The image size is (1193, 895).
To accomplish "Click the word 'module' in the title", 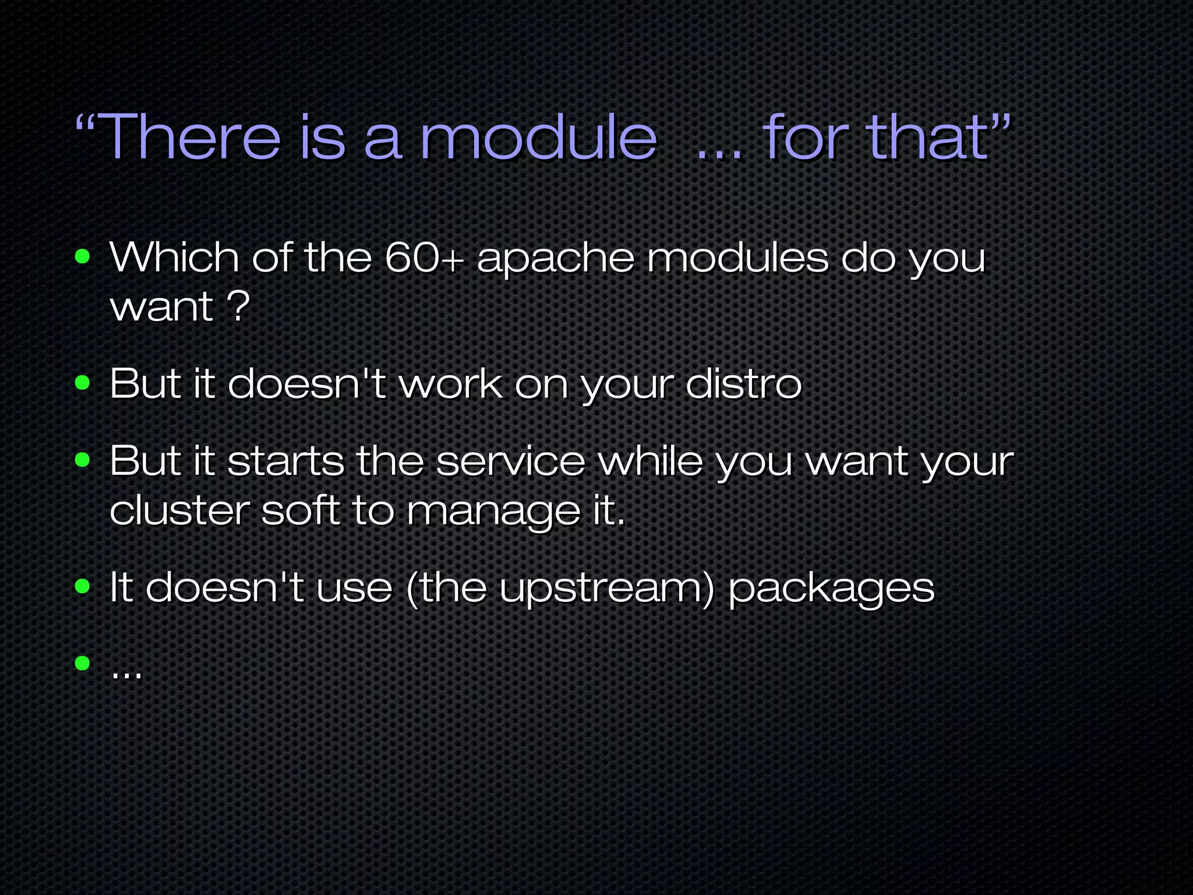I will [538, 138].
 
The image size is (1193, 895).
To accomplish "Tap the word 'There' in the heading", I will [192, 138].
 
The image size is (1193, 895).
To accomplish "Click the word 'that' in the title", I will [930, 138].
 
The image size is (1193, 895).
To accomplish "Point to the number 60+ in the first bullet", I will [424, 257].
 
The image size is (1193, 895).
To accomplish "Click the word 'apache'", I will [555, 258].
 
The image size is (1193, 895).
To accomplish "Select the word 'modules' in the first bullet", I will [737, 257].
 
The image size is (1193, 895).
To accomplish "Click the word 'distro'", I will [744, 384].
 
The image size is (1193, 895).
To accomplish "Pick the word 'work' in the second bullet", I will [450, 384].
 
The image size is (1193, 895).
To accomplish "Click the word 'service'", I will [510, 461].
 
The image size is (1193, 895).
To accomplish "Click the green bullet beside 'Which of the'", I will [83, 256].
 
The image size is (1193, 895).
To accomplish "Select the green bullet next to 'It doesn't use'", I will [83, 587].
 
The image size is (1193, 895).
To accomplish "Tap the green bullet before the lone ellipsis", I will [83, 663].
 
